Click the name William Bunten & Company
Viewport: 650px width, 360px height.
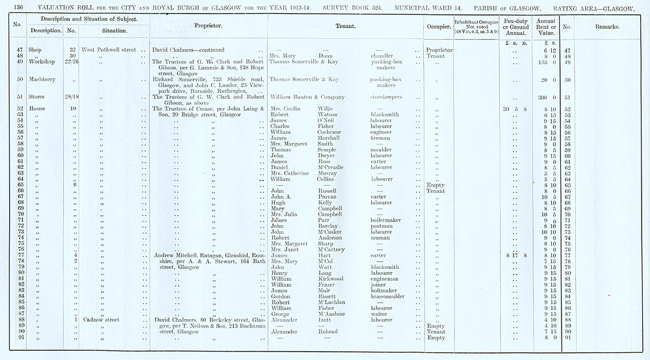point(308,96)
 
